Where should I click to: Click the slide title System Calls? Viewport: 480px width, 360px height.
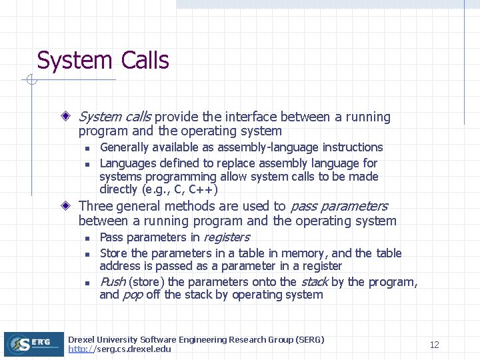point(103,60)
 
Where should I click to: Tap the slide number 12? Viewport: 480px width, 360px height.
point(435,345)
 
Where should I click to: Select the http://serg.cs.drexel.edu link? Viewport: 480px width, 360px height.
point(119,349)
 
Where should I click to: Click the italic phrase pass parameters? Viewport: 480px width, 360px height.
point(338,206)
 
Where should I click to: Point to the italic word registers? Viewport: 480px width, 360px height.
point(226,237)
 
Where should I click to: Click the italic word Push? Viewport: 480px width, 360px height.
point(112,282)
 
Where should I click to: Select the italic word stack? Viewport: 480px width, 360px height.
point(315,282)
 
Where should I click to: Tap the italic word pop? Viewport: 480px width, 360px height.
point(133,295)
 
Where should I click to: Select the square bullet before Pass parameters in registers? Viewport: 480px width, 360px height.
point(87,238)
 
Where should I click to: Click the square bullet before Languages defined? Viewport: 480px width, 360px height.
point(87,164)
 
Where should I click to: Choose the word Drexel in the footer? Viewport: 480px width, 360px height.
point(82,340)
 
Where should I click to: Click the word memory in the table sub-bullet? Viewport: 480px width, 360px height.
point(303,253)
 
